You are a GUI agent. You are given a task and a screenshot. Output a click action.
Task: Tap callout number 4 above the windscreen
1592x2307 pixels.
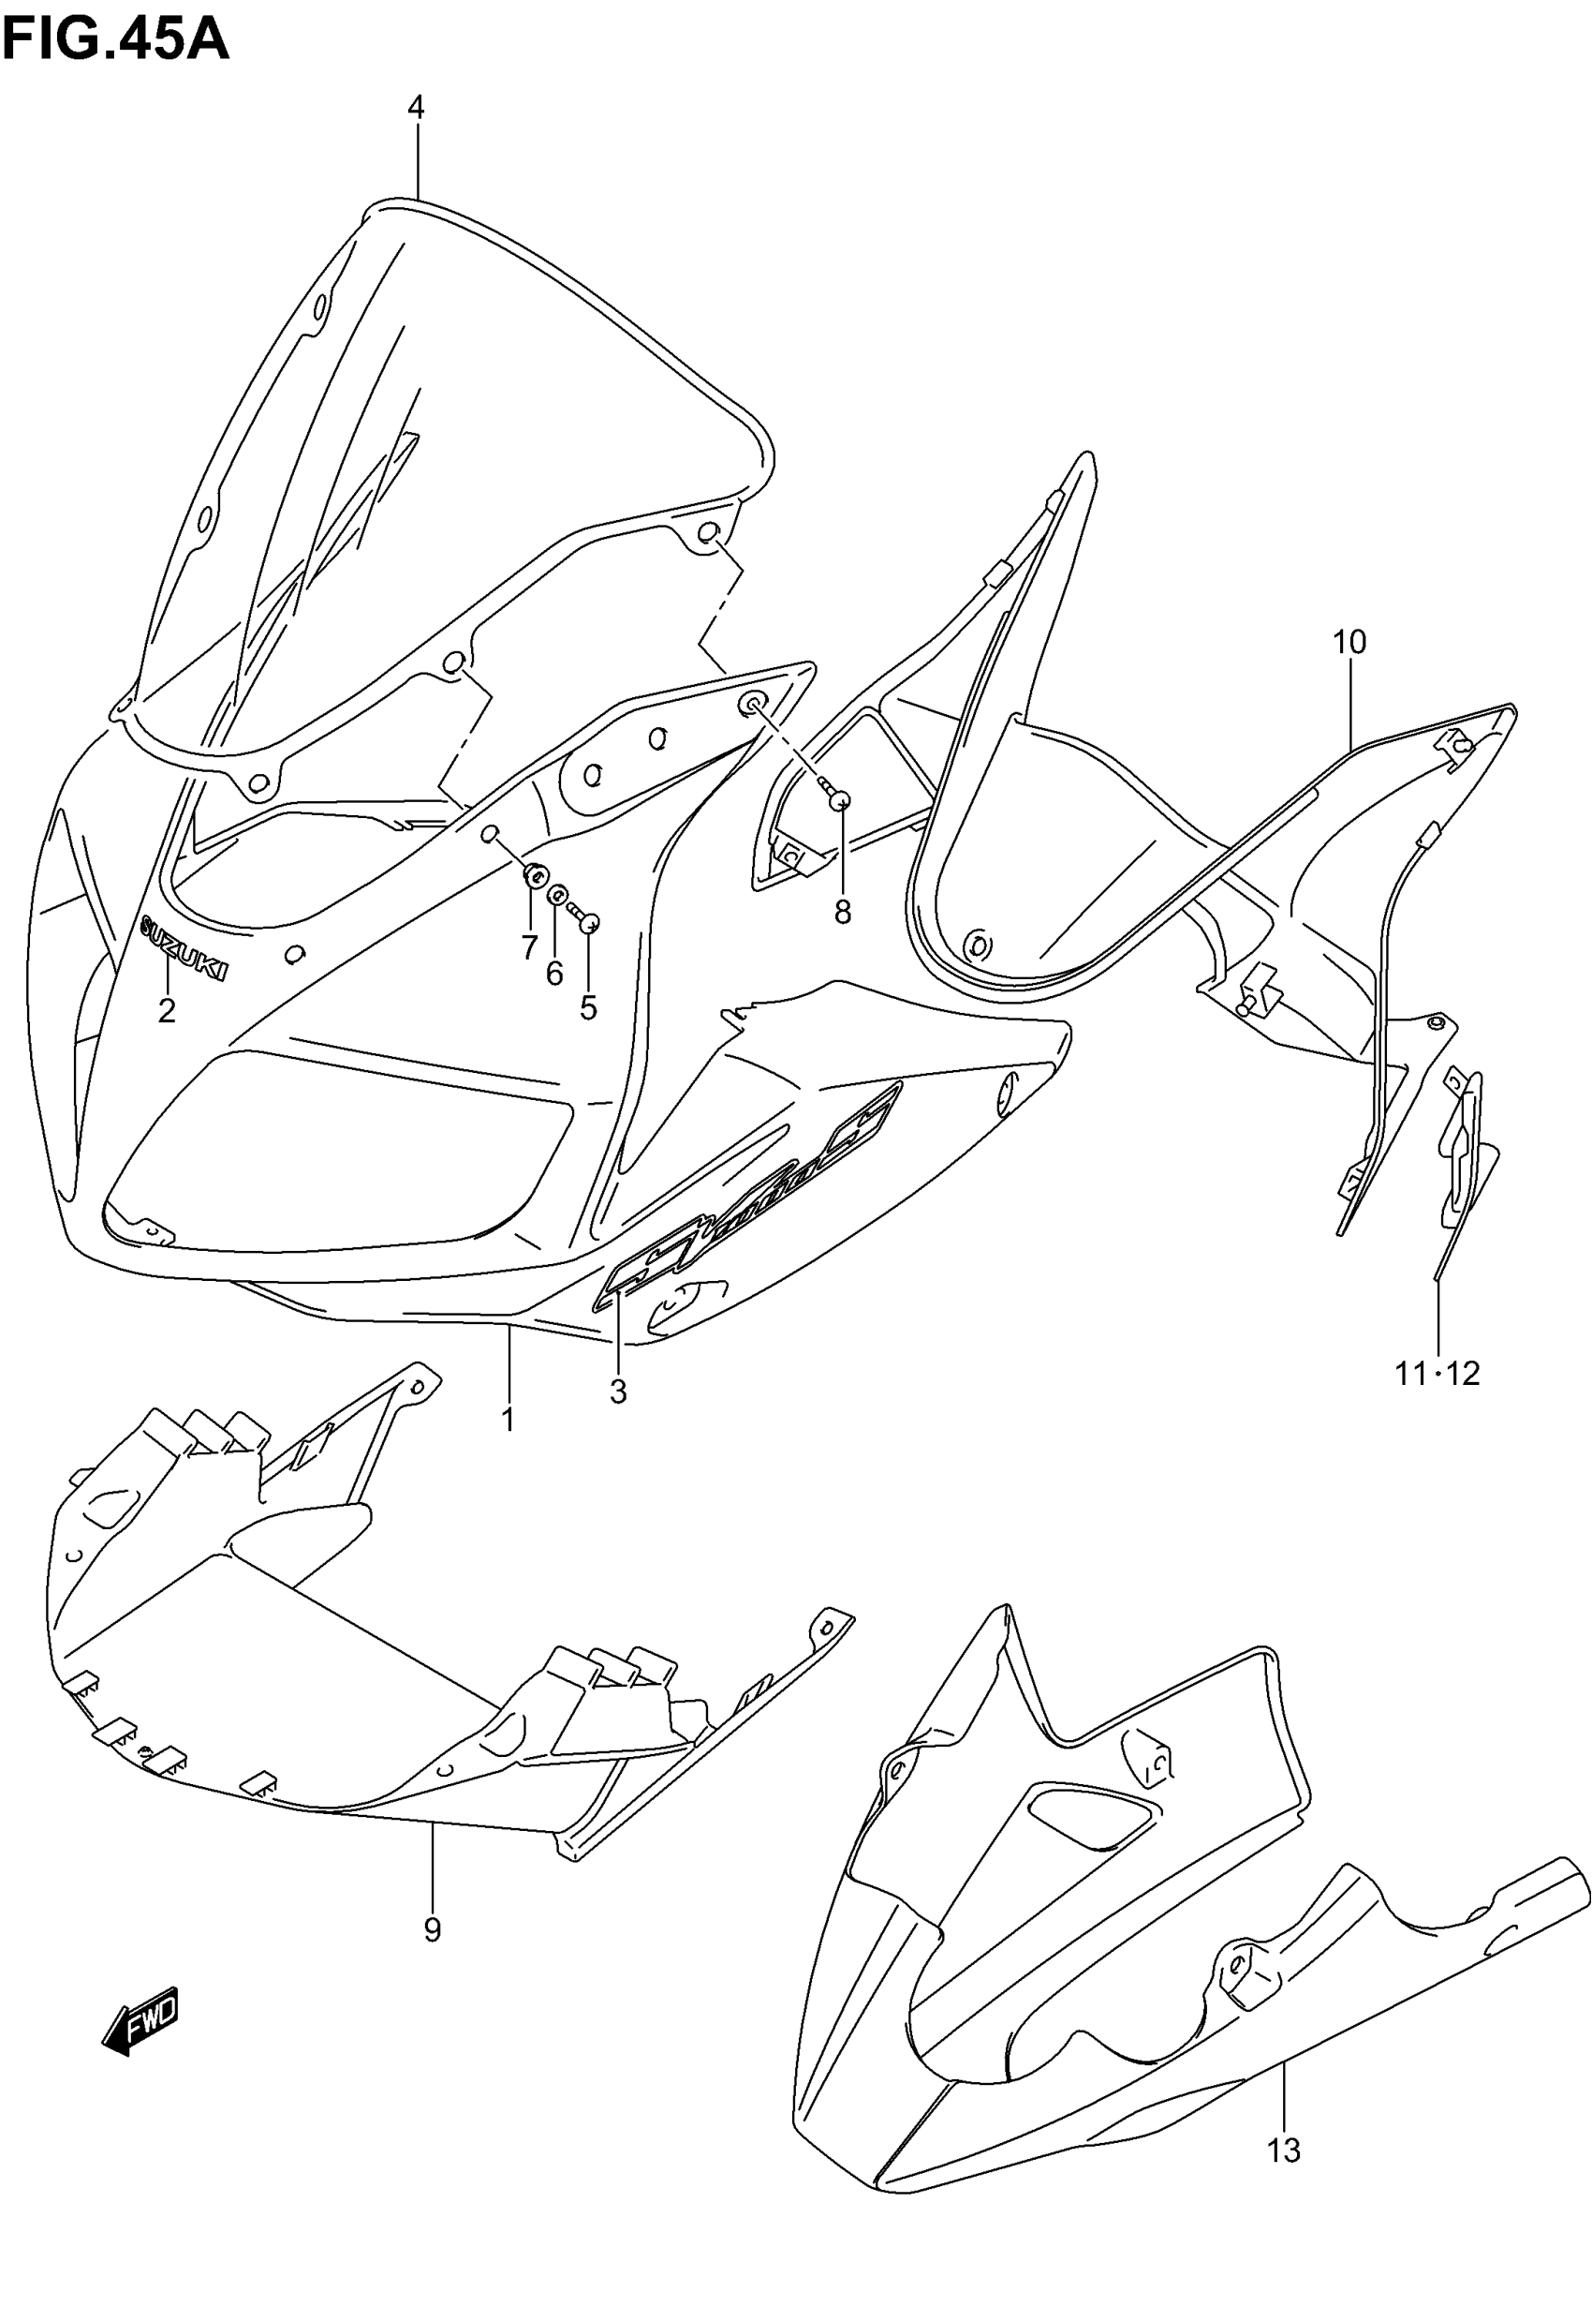coord(416,107)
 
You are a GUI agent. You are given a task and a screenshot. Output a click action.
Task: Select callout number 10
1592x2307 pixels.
coord(1349,642)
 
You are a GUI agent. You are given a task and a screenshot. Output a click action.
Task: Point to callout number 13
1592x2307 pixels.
coord(1284,2151)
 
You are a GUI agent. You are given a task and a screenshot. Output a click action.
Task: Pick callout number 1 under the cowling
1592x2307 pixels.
coord(508,1419)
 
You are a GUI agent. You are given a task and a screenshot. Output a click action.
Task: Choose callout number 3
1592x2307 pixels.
coord(618,1390)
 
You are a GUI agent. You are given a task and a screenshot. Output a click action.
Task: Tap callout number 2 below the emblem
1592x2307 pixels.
coord(167,1010)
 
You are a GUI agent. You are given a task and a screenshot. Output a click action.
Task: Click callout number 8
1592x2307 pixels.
coord(843,911)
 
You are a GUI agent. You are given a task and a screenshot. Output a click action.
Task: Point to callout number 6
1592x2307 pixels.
coord(554,973)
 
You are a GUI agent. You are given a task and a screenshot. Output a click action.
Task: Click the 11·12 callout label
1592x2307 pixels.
coord(1437,1374)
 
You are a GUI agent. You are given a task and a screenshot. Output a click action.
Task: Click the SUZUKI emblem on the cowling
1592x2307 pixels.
coord(184,947)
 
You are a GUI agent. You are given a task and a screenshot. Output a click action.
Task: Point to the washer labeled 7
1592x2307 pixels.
coord(536,876)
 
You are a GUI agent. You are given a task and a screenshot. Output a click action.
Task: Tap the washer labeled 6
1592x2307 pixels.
coord(557,892)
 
